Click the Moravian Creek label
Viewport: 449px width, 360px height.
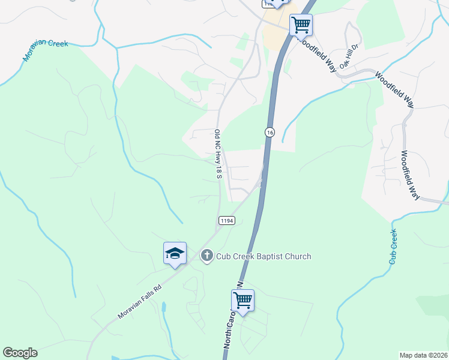46,51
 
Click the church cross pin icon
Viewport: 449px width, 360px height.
206,256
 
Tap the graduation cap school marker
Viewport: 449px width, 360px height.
175,253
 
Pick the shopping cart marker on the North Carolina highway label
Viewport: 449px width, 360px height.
243,301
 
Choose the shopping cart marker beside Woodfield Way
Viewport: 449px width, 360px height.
301,26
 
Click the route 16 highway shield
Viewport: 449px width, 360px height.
270,132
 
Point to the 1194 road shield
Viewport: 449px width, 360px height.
226,221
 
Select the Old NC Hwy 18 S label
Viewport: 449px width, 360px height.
218,154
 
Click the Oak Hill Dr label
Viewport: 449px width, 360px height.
349,55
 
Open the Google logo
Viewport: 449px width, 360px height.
20,353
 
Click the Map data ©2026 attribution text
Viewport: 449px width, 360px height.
423,355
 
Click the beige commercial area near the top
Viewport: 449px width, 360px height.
274,33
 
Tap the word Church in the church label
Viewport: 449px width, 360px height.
297,257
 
